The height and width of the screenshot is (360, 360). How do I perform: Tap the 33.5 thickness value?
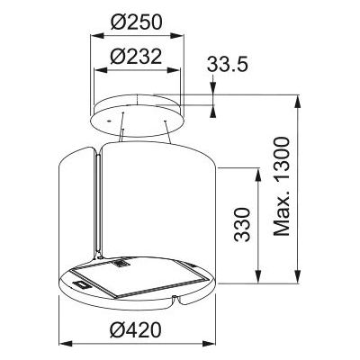pos(229,65)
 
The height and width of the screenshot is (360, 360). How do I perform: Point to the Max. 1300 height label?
pos(282,187)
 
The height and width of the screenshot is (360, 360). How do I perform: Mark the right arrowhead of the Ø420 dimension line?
pos(215,343)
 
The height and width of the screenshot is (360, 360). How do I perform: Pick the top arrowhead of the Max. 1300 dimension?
pos(297,98)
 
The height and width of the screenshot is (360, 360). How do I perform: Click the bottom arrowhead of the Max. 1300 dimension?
pos(297,276)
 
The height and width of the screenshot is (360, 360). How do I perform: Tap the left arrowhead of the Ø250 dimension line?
pos(95,38)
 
